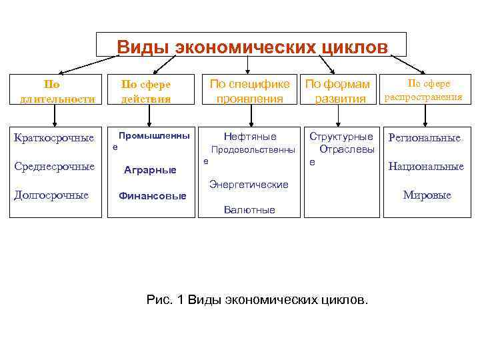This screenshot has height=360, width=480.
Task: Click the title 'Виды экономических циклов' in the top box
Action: [251, 47]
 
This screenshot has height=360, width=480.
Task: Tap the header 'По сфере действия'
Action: [145, 91]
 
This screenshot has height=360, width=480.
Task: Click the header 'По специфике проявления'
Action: [249, 91]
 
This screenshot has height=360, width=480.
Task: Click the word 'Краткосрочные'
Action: [54, 138]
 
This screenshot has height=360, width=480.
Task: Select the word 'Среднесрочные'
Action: [54, 166]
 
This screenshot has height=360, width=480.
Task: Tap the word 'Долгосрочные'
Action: [51, 195]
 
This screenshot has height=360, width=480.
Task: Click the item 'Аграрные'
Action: [150, 170]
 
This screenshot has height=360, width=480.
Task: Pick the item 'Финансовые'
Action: [152, 196]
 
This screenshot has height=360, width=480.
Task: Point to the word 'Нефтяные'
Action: [250, 137]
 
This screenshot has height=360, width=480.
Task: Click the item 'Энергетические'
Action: [249, 184]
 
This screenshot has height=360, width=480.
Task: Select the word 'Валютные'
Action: [249, 209]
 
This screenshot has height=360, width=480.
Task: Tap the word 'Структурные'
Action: [341, 137]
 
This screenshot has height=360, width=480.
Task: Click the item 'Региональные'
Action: [425, 138]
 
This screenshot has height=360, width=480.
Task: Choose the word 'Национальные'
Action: [426, 166]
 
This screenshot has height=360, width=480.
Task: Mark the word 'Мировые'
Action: [427, 195]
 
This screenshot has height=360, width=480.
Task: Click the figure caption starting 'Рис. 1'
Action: [257, 299]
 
